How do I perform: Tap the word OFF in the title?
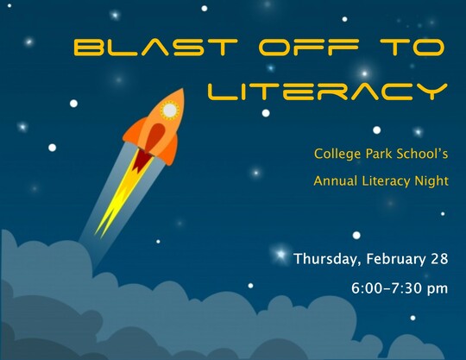[x=309, y=47]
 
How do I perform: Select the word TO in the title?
[x=412, y=47]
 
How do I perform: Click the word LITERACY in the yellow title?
[x=328, y=92]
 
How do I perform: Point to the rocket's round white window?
[x=170, y=111]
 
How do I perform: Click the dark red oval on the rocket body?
[x=155, y=136]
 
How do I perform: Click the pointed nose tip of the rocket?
[x=182, y=89]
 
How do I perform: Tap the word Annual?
[x=335, y=180]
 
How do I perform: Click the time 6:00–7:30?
[x=387, y=288]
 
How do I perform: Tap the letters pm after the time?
[x=438, y=289]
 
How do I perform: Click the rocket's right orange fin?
[x=170, y=149]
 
